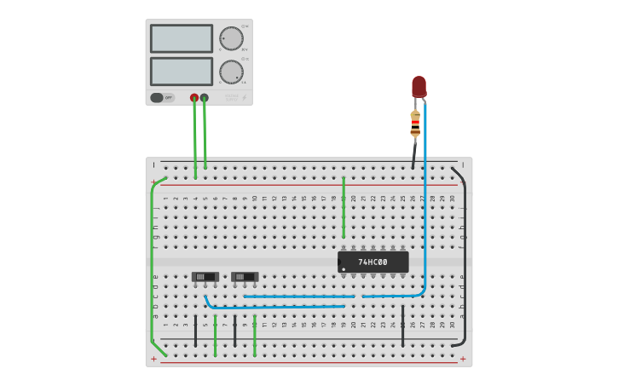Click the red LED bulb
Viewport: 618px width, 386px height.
tap(419, 86)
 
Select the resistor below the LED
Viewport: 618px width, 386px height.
tap(415, 124)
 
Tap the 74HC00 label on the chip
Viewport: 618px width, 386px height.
tap(373, 262)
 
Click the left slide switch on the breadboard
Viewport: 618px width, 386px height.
tap(205, 277)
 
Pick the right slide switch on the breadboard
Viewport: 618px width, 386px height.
tap(245, 277)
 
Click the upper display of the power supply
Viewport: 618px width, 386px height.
tap(182, 38)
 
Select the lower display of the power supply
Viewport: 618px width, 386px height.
tap(182, 71)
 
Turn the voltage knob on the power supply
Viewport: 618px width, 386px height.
tap(231, 39)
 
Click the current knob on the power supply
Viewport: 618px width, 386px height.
tap(231, 72)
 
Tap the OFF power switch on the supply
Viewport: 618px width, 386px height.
tap(162, 97)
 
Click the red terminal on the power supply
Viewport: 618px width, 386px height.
tap(194, 98)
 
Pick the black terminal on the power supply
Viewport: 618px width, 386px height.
tap(204, 98)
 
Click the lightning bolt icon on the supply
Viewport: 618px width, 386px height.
tap(244, 98)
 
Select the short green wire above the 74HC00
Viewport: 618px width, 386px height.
tap(344, 209)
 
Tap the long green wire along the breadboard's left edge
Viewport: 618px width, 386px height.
tap(153, 264)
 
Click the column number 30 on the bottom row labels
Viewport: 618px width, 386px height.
tap(453, 325)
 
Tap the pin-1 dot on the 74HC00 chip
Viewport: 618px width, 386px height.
tap(344, 269)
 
